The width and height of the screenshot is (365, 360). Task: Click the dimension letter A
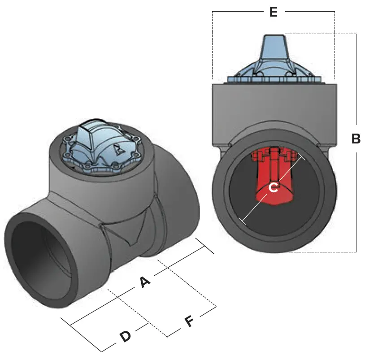[x=144, y=282]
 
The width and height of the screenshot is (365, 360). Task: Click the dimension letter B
[x=356, y=139]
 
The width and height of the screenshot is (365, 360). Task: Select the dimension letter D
[x=125, y=336]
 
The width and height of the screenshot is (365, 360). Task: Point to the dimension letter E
[x=274, y=12]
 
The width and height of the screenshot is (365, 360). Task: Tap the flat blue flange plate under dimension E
[x=274, y=79]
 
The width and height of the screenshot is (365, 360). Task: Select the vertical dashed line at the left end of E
[x=212, y=45]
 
